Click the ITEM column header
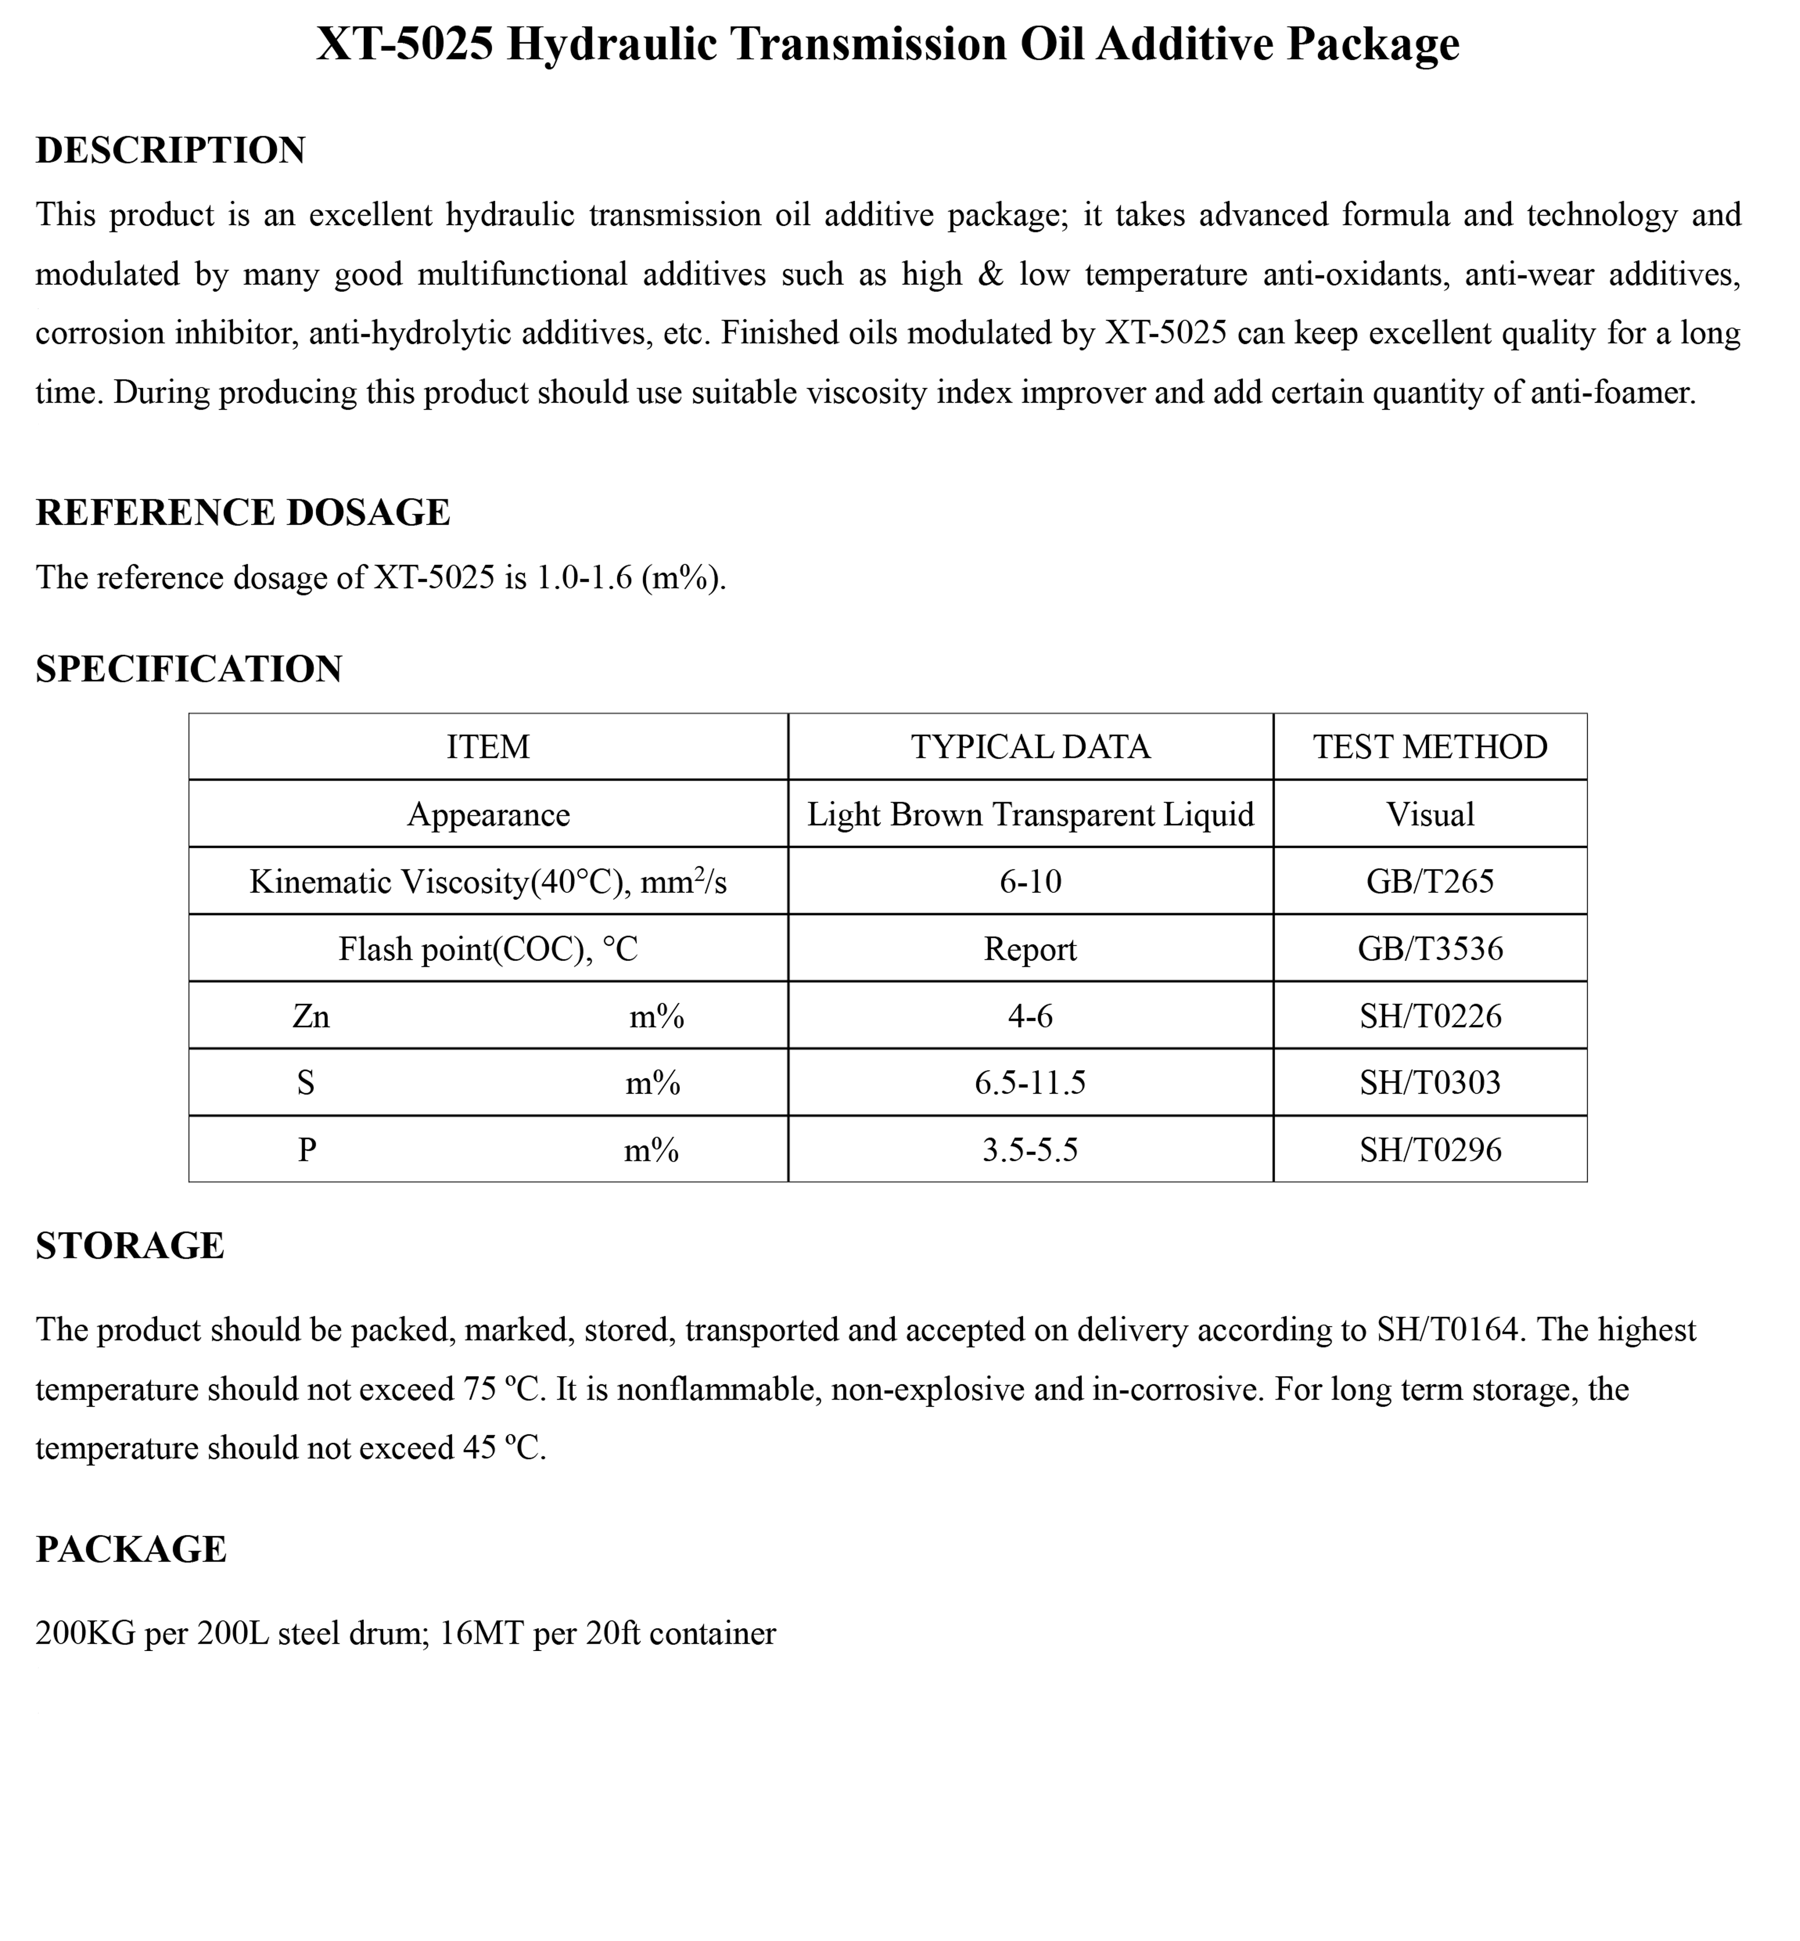tap(488, 747)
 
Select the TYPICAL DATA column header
tap(1030, 747)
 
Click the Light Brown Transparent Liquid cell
tap(1030, 815)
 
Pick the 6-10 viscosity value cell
tap(1030, 882)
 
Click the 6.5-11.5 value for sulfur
tap(1030, 1082)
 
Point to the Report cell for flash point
tap(1030, 949)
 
